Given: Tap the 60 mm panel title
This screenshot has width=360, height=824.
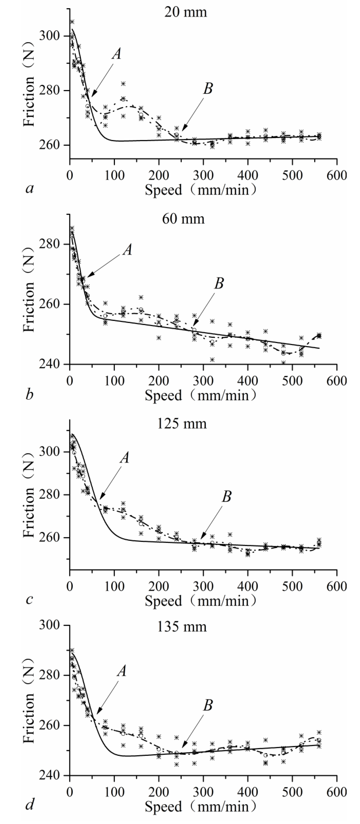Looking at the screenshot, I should click(183, 219).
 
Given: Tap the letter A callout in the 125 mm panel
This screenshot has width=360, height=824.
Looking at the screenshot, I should click(125, 458).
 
